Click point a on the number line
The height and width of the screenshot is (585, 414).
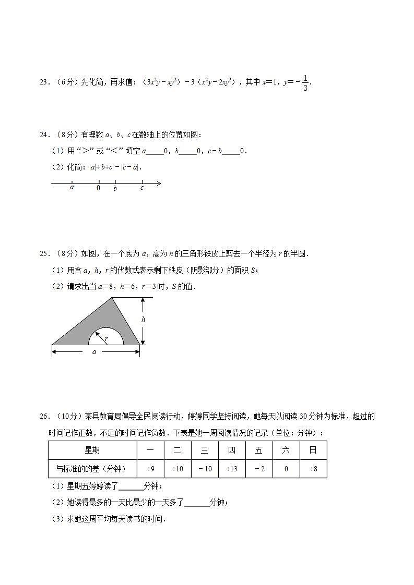(x=72, y=187)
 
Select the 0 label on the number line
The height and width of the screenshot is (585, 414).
(x=98, y=188)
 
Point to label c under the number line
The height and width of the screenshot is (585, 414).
(x=142, y=188)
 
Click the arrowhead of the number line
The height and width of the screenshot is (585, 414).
(x=159, y=184)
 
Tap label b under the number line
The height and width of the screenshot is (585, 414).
(x=115, y=188)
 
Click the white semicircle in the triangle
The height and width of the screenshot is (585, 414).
(x=106, y=338)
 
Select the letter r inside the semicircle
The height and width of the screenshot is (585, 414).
(x=106, y=339)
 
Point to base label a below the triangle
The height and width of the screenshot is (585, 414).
(x=94, y=352)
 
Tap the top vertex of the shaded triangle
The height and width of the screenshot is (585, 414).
(x=112, y=298)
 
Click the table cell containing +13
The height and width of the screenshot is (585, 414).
(x=232, y=469)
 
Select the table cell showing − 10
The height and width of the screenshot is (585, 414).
(x=205, y=469)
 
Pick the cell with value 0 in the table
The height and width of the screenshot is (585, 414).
(x=286, y=469)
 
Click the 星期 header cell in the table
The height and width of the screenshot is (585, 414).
(x=92, y=450)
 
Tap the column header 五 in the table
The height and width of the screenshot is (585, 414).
(x=259, y=450)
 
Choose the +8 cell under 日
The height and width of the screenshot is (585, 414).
(x=313, y=469)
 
